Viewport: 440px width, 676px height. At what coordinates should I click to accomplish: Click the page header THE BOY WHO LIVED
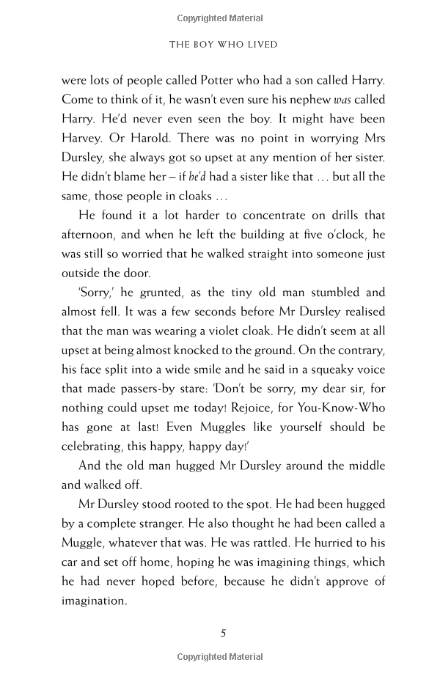click(x=223, y=45)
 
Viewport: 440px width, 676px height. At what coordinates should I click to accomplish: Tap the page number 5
click(x=224, y=634)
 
